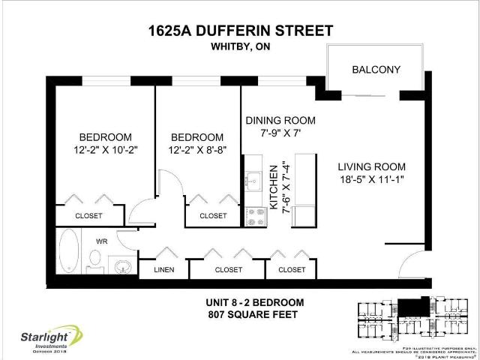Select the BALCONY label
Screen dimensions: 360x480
tap(376, 70)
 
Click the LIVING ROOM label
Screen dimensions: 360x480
tap(371, 166)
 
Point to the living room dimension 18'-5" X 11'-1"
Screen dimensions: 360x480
tap(371, 180)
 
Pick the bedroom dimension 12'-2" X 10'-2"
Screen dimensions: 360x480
tap(106, 151)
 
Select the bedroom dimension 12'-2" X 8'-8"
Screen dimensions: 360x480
tap(196, 151)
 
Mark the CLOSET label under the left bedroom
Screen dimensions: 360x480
tap(88, 216)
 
